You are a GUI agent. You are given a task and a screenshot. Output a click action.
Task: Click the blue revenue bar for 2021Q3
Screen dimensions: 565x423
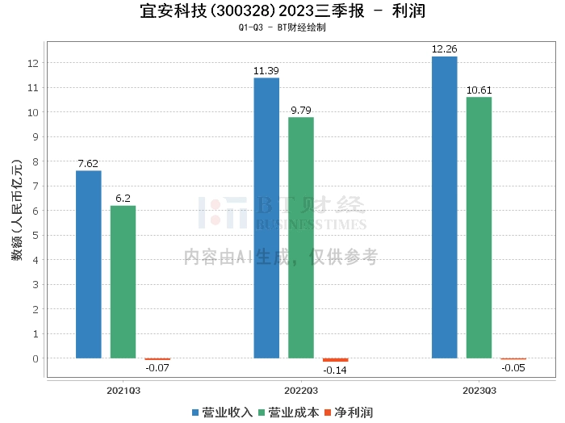(x=89, y=265)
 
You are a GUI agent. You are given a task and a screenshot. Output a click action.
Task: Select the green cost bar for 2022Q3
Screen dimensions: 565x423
(x=301, y=238)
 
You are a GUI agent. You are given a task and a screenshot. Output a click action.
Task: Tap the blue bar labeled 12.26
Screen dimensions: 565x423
(x=444, y=207)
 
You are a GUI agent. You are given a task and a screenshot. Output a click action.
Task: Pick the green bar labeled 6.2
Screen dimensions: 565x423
(x=123, y=282)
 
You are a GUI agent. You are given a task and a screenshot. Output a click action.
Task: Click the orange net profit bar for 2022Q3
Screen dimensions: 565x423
(x=335, y=360)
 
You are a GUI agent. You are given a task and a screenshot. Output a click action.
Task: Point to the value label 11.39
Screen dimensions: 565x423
(x=266, y=71)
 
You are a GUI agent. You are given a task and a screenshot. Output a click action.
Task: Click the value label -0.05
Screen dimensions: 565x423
(x=513, y=368)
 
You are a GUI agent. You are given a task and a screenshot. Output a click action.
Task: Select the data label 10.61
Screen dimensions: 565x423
(x=479, y=90)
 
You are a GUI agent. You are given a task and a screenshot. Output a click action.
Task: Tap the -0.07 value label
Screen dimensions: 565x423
(x=157, y=368)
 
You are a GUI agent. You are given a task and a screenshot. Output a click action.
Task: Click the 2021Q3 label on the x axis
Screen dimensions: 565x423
(x=123, y=391)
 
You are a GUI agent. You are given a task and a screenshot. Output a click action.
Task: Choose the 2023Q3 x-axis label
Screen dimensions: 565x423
(x=479, y=391)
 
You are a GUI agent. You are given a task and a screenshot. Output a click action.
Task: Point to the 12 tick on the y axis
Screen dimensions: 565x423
(x=33, y=63)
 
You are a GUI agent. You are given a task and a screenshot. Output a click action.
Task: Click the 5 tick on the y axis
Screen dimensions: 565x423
(x=36, y=235)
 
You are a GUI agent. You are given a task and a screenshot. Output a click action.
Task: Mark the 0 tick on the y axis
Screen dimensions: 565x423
(x=36, y=358)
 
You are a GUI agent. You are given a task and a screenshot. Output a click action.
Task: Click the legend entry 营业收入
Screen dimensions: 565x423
(x=222, y=413)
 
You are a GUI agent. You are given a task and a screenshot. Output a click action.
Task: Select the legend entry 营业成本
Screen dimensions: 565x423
(x=289, y=413)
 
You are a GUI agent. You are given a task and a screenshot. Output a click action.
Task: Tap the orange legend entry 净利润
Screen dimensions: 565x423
(x=349, y=413)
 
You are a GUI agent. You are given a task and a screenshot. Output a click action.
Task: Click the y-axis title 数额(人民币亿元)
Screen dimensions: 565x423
(x=17, y=210)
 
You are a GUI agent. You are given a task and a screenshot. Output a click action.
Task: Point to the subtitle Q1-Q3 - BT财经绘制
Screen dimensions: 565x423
(x=282, y=27)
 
